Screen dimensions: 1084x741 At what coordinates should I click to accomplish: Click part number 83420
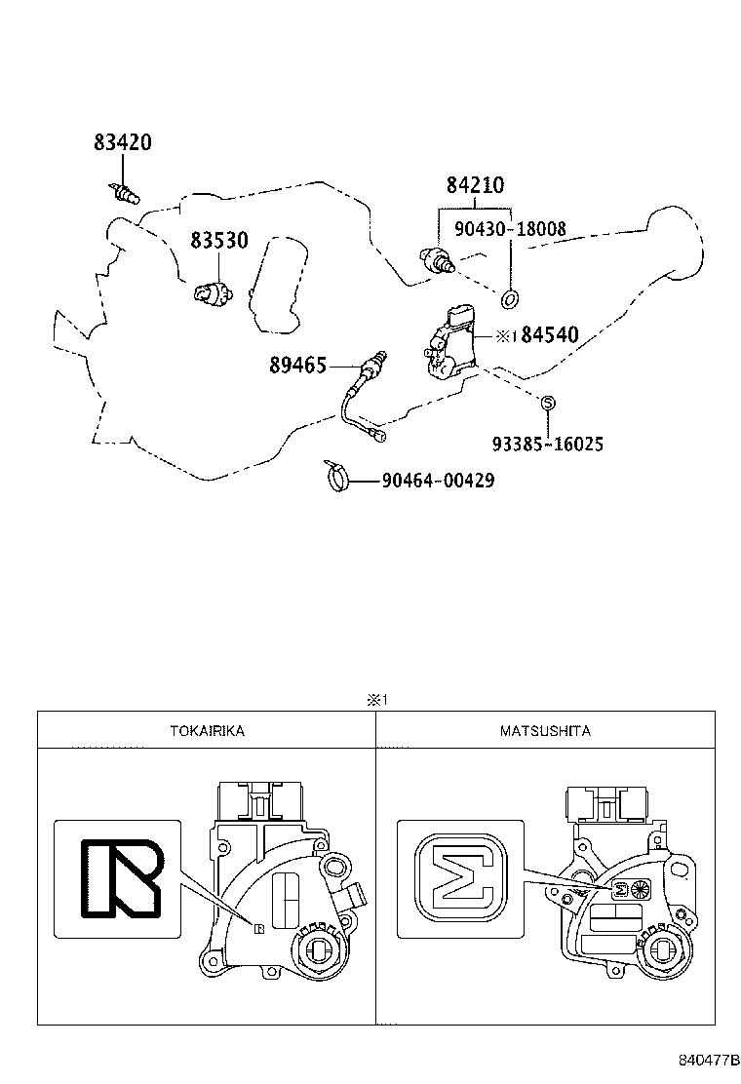click(123, 142)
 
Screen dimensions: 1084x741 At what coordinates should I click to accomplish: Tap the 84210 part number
click(476, 186)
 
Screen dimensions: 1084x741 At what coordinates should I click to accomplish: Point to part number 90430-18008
click(511, 230)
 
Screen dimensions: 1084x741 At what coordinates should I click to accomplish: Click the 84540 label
click(549, 336)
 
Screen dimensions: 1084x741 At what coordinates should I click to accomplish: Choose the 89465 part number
click(298, 366)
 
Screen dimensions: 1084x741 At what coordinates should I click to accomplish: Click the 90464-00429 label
click(438, 481)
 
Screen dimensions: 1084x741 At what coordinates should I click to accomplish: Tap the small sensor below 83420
click(124, 192)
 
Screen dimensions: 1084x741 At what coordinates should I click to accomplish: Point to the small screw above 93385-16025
click(547, 402)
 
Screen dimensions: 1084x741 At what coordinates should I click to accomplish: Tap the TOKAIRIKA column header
click(206, 730)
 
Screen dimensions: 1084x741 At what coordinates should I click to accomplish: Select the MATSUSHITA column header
click(545, 730)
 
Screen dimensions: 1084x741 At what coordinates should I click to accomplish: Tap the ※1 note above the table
click(377, 699)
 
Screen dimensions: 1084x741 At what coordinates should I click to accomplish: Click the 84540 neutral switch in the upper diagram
click(449, 344)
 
